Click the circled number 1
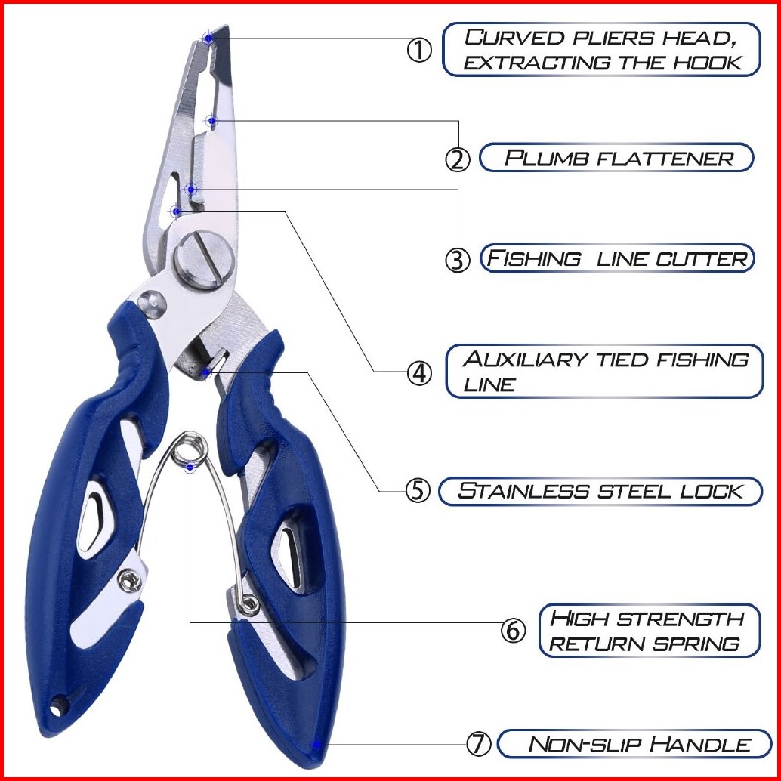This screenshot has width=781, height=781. point(419,51)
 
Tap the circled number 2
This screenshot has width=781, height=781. point(457,159)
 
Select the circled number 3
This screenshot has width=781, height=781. point(457,259)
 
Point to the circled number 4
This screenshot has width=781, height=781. point(419,372)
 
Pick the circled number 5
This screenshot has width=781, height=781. point(418,491)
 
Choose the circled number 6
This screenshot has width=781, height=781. point(514,630)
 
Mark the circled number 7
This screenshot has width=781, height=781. point(478,744)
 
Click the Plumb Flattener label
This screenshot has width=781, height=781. point(617,158)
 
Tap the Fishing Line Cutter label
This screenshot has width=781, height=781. point(617,258)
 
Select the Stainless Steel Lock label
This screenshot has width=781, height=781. point(600,491)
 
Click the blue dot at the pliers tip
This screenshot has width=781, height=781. point(208,37)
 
